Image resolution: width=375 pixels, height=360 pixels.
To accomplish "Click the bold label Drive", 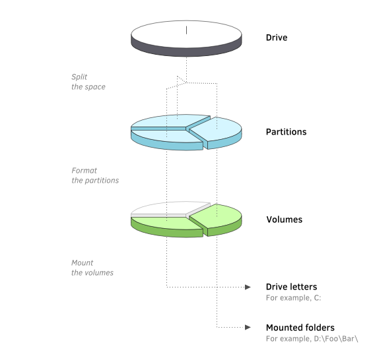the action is pos(277,38).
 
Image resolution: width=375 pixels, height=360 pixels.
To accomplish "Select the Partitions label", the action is pos(286,132).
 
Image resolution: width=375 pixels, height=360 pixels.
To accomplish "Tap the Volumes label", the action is pos(285,220).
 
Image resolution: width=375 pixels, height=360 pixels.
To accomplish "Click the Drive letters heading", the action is pos(291,287).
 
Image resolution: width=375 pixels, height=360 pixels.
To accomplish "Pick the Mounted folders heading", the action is pos(300,328).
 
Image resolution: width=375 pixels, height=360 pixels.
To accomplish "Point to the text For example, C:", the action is pos(293,298).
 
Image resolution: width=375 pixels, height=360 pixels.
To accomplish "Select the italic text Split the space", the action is pos(88,82).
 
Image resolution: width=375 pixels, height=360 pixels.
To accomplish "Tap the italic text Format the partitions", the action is pos(95,175).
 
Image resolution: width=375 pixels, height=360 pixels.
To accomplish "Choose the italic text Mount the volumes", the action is pos(92,268).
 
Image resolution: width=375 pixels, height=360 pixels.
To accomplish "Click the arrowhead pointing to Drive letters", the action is pos(248,287).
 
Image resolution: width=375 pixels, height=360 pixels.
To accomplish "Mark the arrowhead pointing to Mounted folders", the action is pos(248,327).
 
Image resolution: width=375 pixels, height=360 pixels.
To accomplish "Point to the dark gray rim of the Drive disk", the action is pos(186,51).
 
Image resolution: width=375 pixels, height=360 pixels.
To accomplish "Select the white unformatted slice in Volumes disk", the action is pos(168,209).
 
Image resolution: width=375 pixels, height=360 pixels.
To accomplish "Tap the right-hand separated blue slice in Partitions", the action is pos(215,131).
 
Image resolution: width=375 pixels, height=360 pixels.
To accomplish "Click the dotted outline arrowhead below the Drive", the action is pos(182,80).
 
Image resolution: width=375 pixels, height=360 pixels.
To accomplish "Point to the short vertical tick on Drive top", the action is pos(186,30).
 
